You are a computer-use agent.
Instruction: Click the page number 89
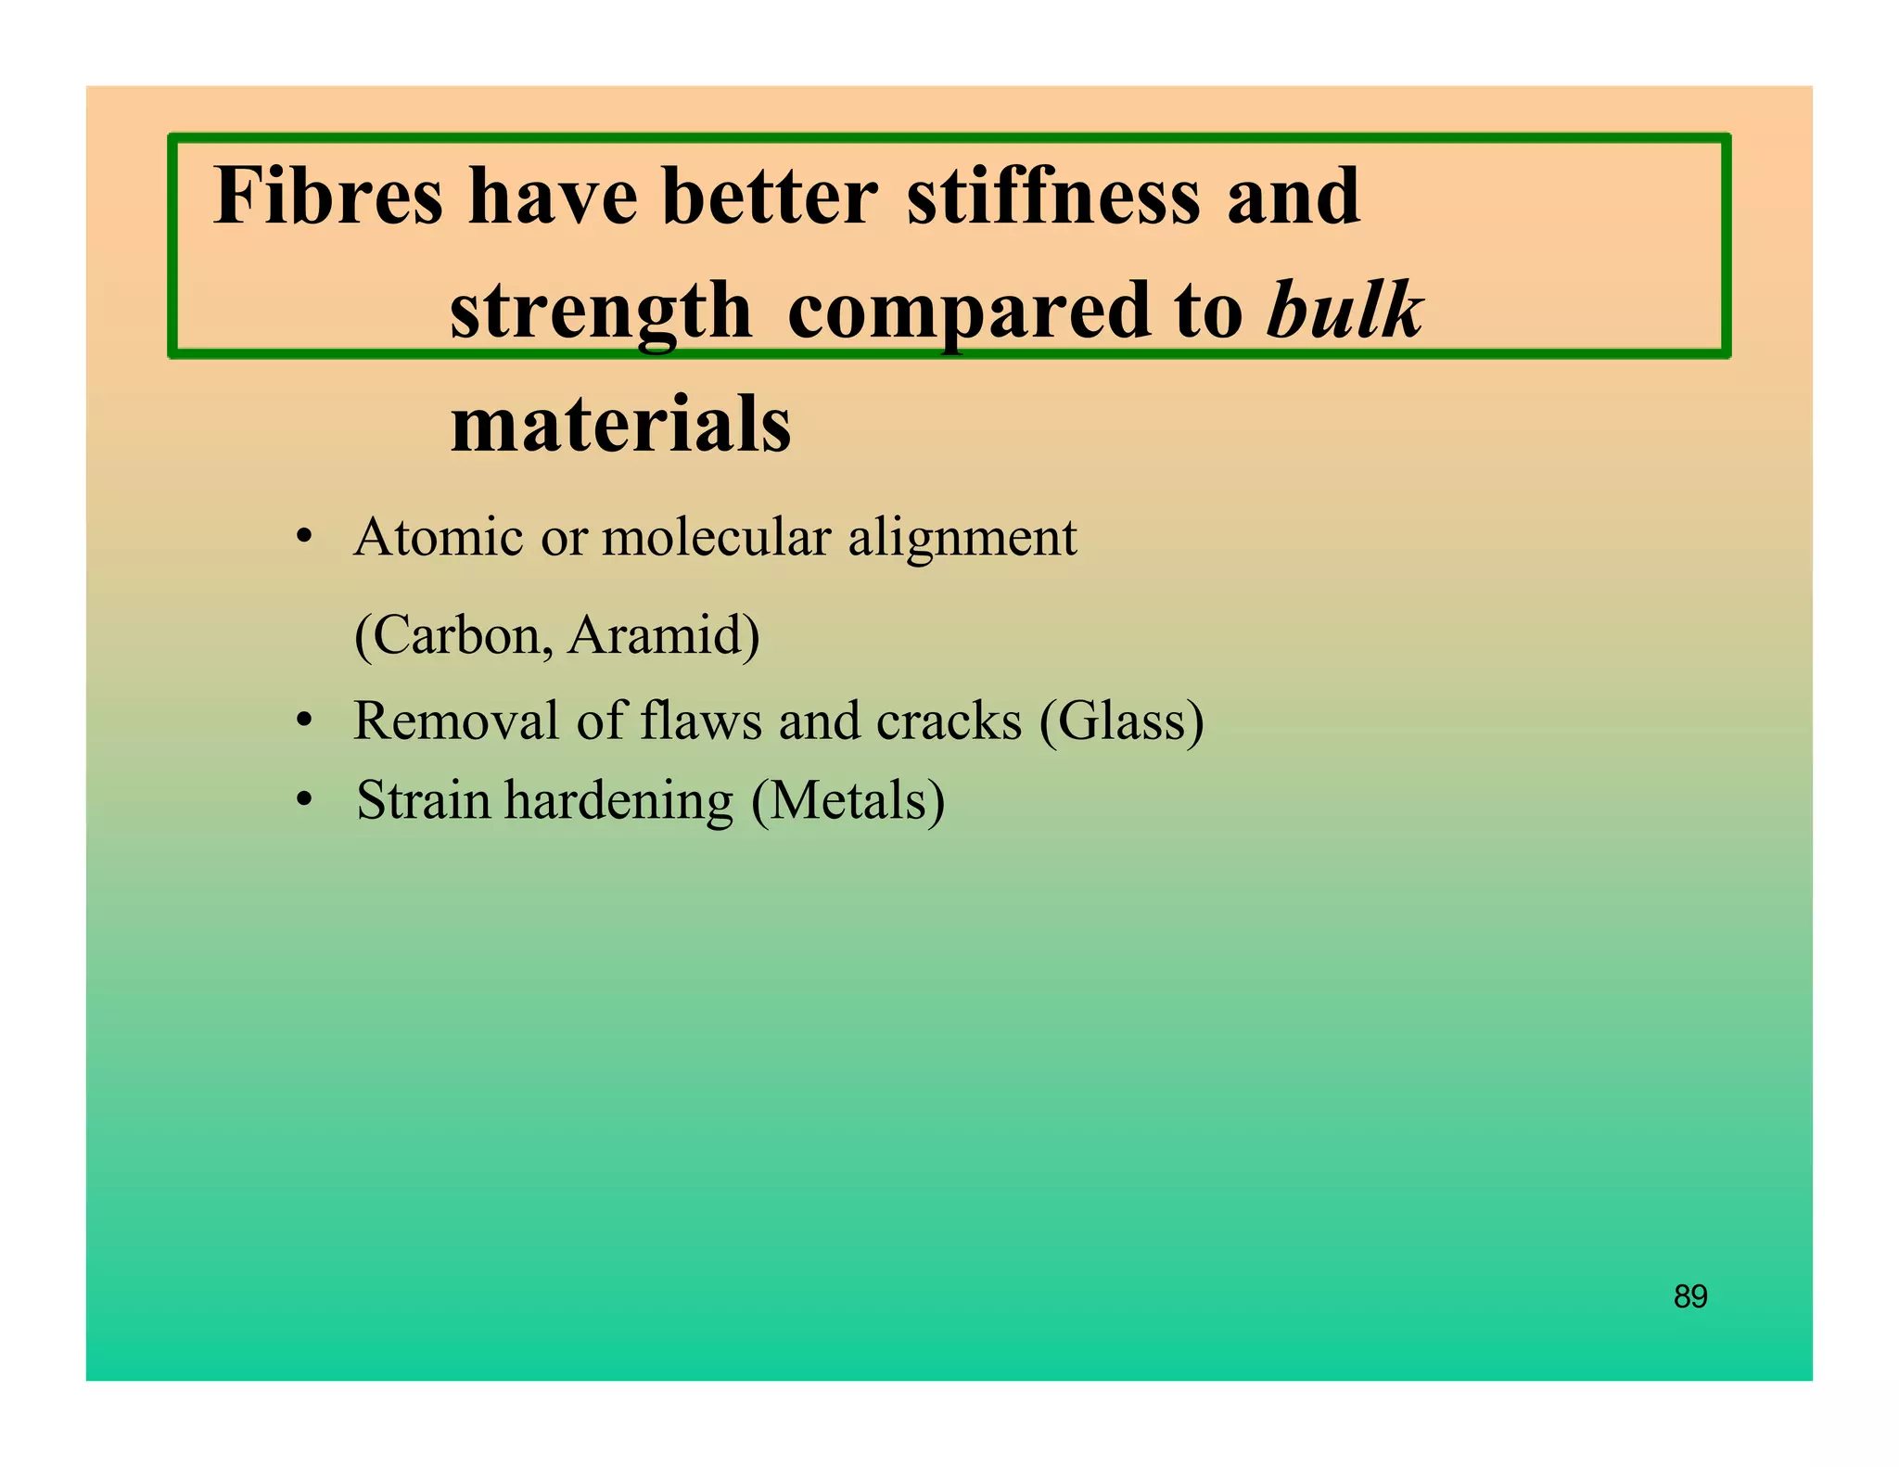(1690, 1295)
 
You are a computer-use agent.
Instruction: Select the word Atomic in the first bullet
(438, 537)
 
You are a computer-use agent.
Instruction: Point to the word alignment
(962, 539)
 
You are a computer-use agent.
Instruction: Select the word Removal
(455, 721)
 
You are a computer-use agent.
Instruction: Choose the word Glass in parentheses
(1122, 721)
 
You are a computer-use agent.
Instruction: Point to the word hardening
(618, 801)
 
